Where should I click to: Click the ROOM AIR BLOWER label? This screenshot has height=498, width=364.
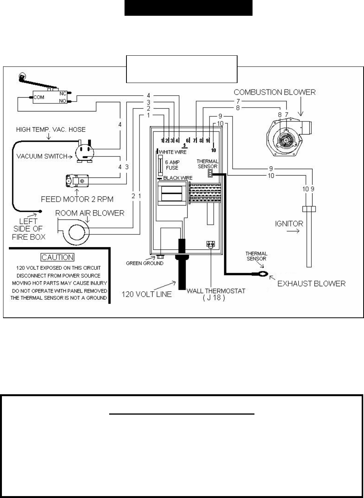90,213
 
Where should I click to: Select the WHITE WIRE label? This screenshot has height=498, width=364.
173,152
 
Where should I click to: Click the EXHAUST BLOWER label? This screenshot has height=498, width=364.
312,284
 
